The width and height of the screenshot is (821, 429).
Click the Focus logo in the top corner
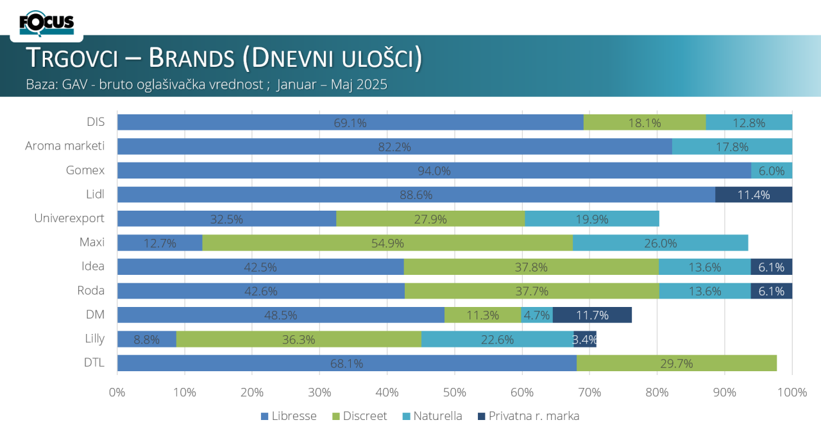point(47,23)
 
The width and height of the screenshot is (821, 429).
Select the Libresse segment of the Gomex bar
point(434,171)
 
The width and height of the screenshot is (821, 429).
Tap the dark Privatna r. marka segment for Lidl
point(754,195)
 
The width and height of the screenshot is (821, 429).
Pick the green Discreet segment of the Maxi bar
point(387,243)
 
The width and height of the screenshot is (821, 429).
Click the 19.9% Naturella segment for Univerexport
point(591,219)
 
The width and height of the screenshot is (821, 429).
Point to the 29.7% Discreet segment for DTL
point(676,363)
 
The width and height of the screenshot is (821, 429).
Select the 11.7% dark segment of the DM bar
point(592,315)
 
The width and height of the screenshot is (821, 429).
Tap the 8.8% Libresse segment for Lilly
point(146,339)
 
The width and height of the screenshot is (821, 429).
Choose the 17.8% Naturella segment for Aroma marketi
point(732,146)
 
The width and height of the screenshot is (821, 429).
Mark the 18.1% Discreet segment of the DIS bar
point(645,123)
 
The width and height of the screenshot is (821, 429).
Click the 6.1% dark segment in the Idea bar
point(772,267)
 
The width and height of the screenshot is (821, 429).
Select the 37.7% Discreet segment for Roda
point(532,291)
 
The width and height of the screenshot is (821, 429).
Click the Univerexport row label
point(69,218)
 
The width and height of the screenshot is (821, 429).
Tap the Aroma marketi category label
point(65,146)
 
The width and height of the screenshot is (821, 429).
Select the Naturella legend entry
point(437,416)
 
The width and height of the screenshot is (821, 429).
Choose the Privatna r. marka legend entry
point(534,416)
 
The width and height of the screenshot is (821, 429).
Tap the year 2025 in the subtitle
point(373,85)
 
